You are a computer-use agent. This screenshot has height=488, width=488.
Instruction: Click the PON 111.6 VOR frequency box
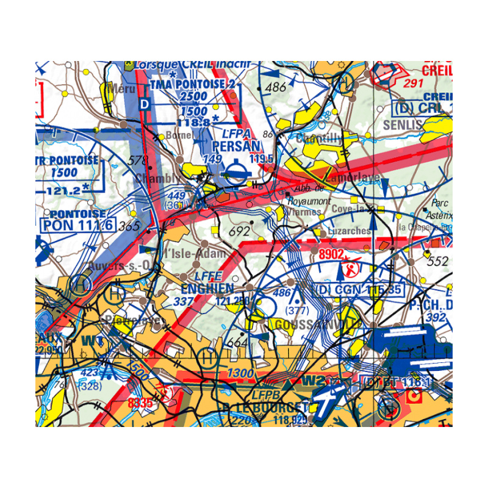point(77,225)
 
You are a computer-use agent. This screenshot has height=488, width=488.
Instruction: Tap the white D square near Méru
point(144,104)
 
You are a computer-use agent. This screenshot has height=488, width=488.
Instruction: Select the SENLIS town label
point(402,124)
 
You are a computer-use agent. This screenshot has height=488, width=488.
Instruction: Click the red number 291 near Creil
point(413,84)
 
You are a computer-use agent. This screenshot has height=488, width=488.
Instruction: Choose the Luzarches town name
point(349,231)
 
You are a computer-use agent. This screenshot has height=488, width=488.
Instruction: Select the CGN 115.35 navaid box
point(359,289)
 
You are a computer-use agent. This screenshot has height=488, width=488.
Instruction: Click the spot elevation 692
point(239,232)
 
